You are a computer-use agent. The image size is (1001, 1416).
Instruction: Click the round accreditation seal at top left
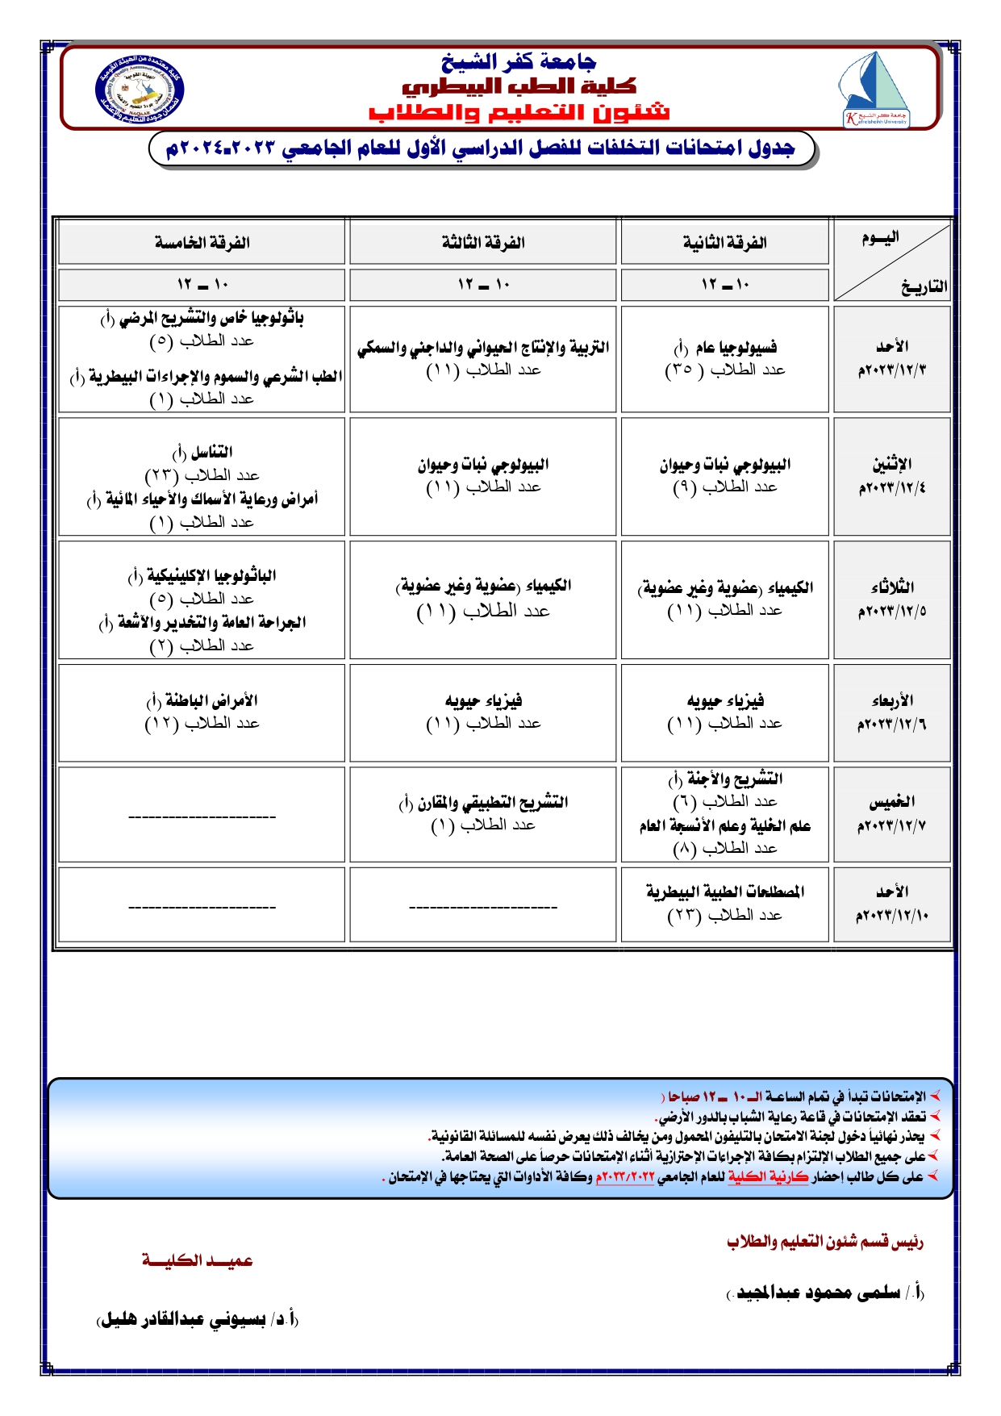click(140, 90)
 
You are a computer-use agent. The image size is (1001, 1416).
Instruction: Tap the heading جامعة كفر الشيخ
click(519, 61)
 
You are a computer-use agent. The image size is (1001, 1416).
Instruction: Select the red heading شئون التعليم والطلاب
click(519, 112)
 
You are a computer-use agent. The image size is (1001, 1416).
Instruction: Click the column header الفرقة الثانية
click(724, 243)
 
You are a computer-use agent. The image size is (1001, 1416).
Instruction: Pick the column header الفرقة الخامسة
click(202, 243)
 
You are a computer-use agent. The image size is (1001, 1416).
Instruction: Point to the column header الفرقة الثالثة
click(483, 243)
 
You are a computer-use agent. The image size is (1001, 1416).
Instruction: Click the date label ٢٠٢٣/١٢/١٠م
click(891, 916)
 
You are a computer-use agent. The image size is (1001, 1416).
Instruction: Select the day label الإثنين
click(891, 464)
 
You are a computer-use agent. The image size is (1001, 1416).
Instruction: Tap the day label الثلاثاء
click(891, 587)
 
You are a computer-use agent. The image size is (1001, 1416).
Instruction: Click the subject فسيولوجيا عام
click(736, 348)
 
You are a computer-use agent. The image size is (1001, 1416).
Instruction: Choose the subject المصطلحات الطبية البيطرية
click(724, 892)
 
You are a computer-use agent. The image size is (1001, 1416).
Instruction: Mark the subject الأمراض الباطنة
click(211, 700)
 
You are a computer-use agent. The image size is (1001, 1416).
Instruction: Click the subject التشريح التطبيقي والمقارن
click(493, 802)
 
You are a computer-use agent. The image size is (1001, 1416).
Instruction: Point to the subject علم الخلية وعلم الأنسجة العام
click(724, 825)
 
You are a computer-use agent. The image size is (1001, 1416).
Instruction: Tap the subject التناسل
click(211, 452)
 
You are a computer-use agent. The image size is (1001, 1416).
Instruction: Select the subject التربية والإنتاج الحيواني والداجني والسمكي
click(483, 348)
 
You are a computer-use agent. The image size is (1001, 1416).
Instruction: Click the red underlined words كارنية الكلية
click(768, 1177)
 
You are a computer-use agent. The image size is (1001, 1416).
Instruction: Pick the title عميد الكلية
click(198, 1260)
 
